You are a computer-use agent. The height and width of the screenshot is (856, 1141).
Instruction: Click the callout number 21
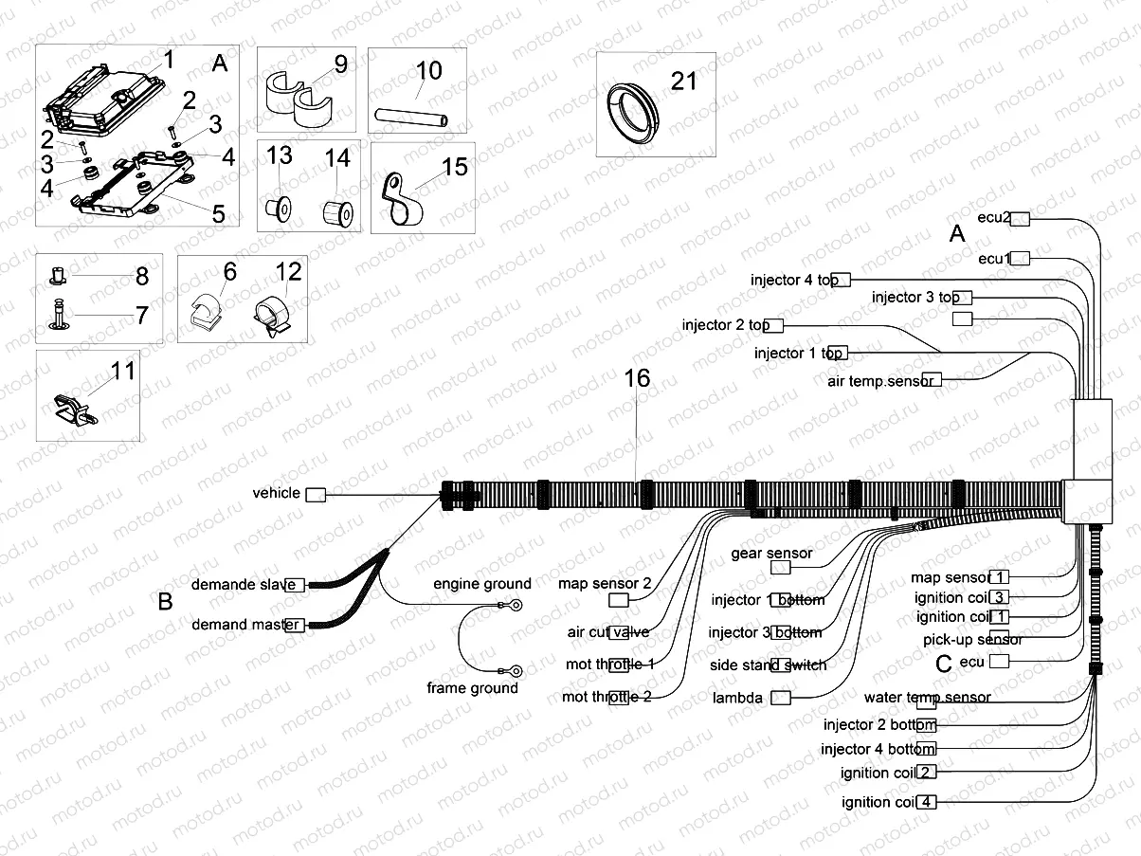[x=683, y=82]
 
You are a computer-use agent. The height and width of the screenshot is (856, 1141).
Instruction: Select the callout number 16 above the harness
[x=637, y=379]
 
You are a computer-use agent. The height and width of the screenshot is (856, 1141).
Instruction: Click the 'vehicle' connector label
[x=276, y=493]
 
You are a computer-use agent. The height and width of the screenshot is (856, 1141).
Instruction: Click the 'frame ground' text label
[x=472, y=688]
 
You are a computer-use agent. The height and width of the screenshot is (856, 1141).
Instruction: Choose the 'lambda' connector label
[x=737, y=698]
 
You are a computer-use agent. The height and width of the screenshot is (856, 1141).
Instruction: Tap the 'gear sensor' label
[x=771, y=553]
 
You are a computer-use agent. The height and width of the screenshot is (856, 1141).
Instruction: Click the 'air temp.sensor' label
[x=881, y=380]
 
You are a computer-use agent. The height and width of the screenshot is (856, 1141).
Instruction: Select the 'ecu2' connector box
[x=1021, y=219]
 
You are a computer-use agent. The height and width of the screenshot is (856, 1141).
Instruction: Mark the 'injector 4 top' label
[x=794, y=280]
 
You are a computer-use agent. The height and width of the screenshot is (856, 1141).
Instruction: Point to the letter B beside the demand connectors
[x=165, y=602]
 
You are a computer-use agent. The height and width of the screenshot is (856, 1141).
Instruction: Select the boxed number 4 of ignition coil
[x=927, y=802]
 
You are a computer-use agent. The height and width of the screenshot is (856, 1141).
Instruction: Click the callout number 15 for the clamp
[x=454, y=167]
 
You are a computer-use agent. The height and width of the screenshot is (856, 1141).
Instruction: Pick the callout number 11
[x=123, y=371]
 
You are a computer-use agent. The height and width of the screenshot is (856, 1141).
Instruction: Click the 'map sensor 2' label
[x=605, y=583]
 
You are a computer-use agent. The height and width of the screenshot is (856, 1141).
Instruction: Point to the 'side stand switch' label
[x=768, y=665]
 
